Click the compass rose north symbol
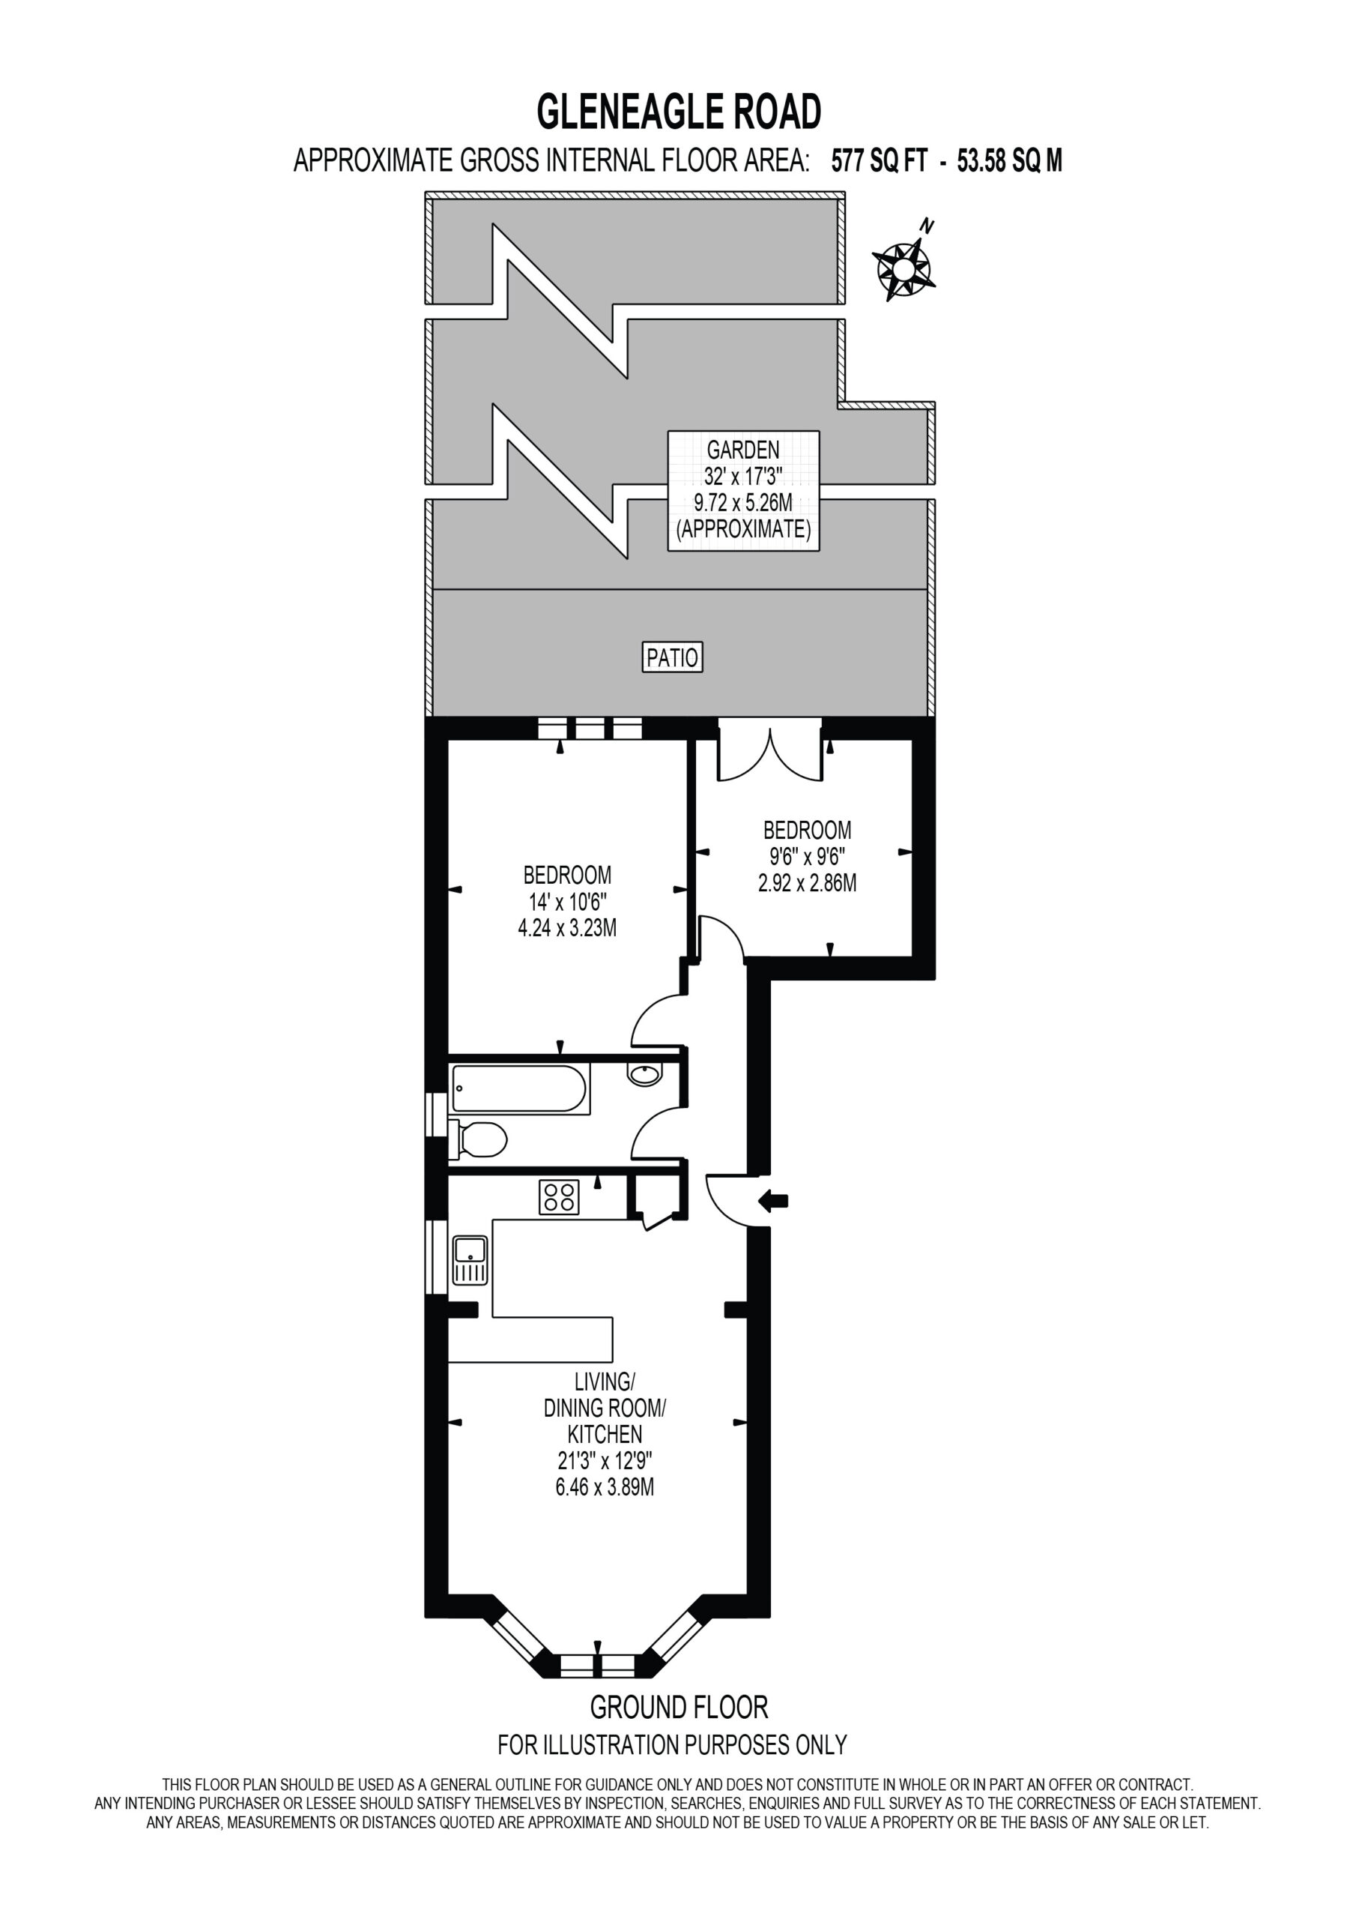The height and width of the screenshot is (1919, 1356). tap(902, 268)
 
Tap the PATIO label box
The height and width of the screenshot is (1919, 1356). tap(673, 657)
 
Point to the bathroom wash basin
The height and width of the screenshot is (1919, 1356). tap(644, 1074)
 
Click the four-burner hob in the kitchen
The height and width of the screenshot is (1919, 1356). tap(559, 1197)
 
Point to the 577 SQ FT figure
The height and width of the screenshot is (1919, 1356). tap(879, 160)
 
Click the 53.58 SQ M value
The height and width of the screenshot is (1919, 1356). tap(1009, 160)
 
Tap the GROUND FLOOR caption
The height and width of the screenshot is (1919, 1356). tap(679, 1706)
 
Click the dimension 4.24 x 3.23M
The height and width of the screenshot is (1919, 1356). tap(567, 929)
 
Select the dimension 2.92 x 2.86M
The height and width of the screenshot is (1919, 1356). tap(807, 884)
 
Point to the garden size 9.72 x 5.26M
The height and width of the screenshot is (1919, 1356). tap(742, 503)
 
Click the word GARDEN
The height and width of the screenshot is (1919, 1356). tap(742, 451)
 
